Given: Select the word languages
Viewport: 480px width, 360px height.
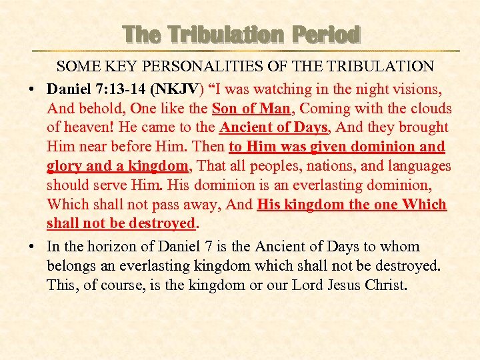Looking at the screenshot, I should click(x=416, y=166).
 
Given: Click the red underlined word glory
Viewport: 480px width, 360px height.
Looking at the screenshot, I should click(x=65, y=166).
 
